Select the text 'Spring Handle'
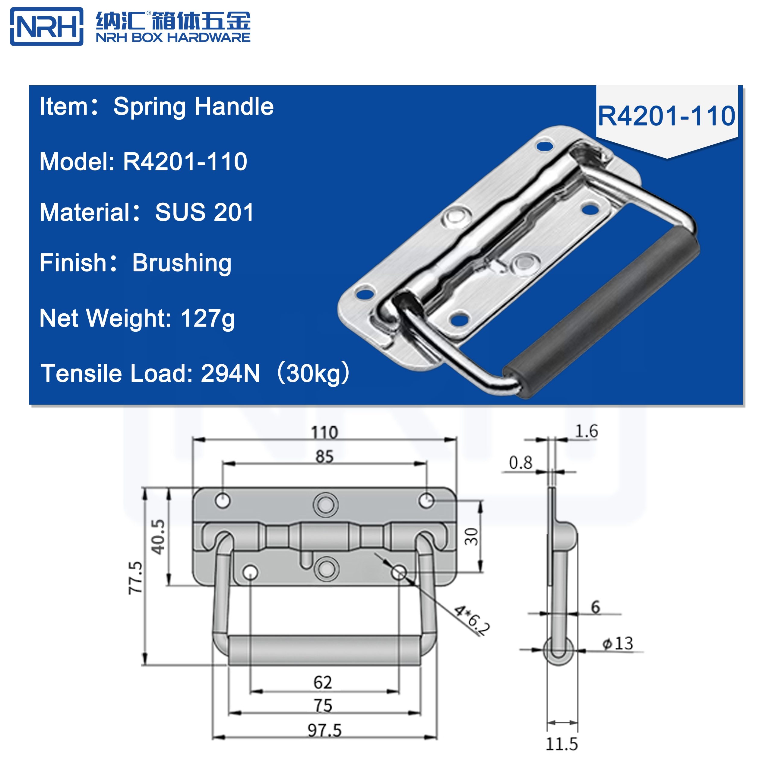pyautogui.click(x=193, y=107)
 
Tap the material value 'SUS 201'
pyautogui.click(x=204, y=212)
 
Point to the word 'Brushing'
pyautogui.click(x=182, y=263)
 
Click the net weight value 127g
pyautogui.click(x=207, y=318)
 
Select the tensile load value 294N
pyautogui.click(x=230, y=374)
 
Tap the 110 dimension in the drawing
pyautogui.click(x=324, y=433)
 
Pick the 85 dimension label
pyautogui.click(x=324, y=456)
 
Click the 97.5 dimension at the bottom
pyautogui.click(x=324, y=730)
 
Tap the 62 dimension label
pyautogui.click(x=322, y=682)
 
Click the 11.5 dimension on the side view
pyautogui.click(x=562, y=744)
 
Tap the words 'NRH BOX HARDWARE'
pyautogui.click(x=173, y=38)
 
